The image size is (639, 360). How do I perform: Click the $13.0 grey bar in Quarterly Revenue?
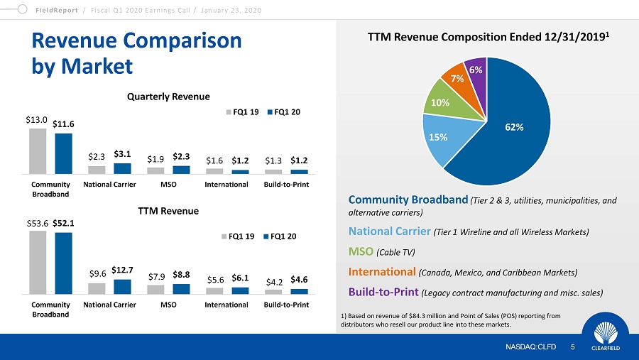coord(38,151)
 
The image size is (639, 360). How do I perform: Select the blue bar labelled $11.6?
coord(64,153)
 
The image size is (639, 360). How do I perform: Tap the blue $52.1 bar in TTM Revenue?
coord(64,263)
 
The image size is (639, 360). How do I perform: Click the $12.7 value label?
coord(122,270)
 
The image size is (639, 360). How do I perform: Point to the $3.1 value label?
coord(122,154)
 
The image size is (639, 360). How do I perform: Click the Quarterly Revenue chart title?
coord(168,97)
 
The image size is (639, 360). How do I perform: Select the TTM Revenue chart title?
coord(168,211)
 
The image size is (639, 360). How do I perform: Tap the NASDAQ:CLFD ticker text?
coord(530,347)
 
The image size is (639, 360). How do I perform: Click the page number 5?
coord(572,347)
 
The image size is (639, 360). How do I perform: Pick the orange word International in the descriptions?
coord(382,272)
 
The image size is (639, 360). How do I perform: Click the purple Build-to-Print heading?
coord(383,293)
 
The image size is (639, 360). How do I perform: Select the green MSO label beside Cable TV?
coord(361,251)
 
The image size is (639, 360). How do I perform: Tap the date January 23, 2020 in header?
coord(231,10)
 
